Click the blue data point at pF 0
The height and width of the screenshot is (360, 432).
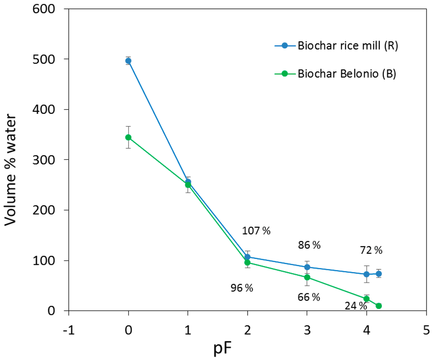tap(128, 61)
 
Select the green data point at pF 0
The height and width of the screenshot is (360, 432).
tap(128, 137)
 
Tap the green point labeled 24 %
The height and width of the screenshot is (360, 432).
tap(367, 299)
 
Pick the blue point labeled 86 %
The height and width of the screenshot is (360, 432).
tap(307, 267)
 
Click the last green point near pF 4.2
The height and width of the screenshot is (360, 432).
tap(379, 306)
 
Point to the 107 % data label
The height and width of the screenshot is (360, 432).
tap(256, 231)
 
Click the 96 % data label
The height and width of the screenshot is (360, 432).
tap(242, 288)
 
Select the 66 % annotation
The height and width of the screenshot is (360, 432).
tap(309, 298)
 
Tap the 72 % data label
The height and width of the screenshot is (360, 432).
tap(371, 250)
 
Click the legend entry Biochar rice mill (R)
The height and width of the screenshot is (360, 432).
tap(348, 46)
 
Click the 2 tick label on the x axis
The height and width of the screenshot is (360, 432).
tap(247, 329)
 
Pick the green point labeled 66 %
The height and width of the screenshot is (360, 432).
tap(307, 277)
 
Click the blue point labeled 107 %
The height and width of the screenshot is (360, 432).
tap(248, 257)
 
